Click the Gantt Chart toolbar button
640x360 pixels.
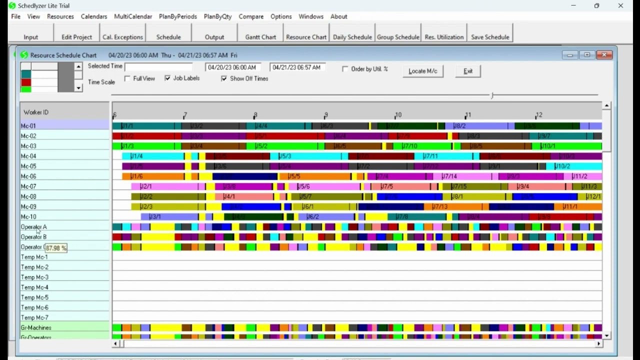(260, 37)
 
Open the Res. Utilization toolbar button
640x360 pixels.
(444, 37)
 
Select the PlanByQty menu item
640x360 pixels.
(217, 16)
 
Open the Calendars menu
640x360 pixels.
(94, 16)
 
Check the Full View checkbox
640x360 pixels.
(127, 79)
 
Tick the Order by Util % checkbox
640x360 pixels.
(345, 69)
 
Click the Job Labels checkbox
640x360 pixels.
(167, 78)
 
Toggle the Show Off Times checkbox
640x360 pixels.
(224, 79)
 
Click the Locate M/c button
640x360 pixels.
(422, 71)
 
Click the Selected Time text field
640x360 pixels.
(158, 67)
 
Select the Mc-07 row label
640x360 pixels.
(28, 186)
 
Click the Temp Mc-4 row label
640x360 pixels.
(34, 287)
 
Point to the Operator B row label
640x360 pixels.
(33, 237)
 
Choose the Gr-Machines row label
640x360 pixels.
(36, 327)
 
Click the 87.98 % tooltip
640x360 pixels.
(56, 248)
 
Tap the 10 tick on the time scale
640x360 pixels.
(398, 115)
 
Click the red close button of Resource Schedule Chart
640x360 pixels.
(604, 55)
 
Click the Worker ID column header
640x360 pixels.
(36, 112)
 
